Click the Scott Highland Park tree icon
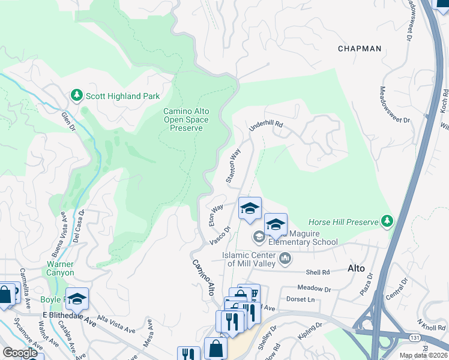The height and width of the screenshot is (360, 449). click(x=76, y=95)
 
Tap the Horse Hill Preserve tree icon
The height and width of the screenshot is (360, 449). click(x=388, y=222)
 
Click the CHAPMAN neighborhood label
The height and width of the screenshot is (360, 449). click(x=360, y=49)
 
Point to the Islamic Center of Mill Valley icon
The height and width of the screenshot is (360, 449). click(x=285, y=259)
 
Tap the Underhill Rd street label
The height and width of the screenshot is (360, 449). click(x=266, y=124)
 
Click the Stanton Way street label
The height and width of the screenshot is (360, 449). click(x=233, y=166)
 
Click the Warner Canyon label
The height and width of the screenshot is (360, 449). click(x=60, y=268)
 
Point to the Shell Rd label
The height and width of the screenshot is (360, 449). click(x=318, y=272)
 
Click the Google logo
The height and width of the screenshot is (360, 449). click(x=20, y=353)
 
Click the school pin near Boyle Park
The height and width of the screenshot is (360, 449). click(x=77, y=298)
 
